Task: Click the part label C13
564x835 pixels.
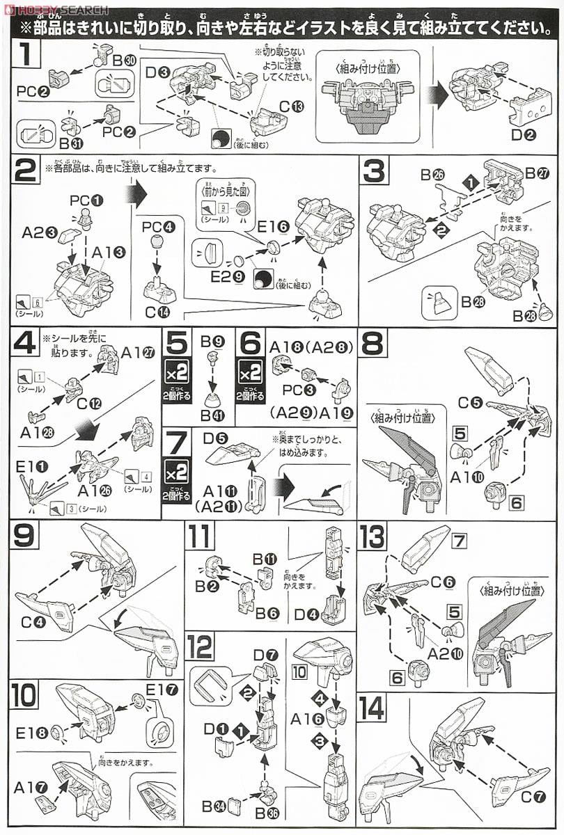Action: pyautogui.click(x=292, y=106)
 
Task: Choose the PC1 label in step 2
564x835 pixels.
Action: pyautogui.click(x=86, y=200)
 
